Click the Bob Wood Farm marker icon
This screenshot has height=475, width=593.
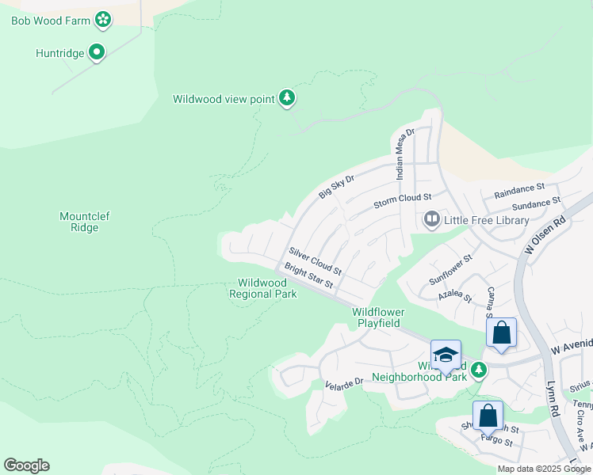pos(102,18)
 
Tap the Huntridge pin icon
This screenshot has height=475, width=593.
pos(97,53)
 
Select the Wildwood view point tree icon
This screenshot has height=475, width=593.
pos(287,98)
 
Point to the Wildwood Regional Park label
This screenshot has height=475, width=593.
pos(263,288)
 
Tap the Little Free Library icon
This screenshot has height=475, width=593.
pos(432,219)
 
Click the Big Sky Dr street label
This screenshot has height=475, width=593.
pos(336,187)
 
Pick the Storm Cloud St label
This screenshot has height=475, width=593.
pos(402,200)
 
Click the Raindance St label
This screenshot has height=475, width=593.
pos(519,190)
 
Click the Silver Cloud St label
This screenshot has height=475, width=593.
pos(315,260)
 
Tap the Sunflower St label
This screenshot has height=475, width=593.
pos(450,269)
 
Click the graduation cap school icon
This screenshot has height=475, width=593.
pos(446,353)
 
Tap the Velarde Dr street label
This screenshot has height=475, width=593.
pos(343,382)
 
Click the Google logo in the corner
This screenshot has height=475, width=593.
pos(26,465)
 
